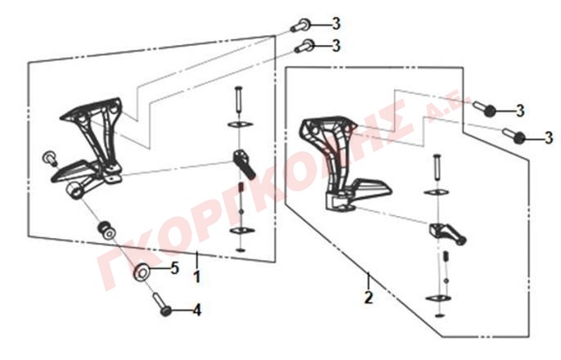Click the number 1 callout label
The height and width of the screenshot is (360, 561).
pyautogui.click(x=196, y=277)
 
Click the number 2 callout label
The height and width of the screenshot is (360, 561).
pyautogui.click(x=369, y=297)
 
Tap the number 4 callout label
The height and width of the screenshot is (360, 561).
pyautogui.click(x=197, y=310)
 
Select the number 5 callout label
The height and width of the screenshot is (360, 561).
pyautogui.click(x=175, y=268)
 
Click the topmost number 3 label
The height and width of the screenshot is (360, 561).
pyautogui.click(x=336, y=24)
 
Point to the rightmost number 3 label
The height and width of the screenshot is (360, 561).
pyautogui.click(x=549, y=137)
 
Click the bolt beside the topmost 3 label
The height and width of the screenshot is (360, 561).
pyautogui.click(x=300, y=25)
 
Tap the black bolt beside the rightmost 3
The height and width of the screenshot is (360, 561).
pyautogui.click(x=515, y=136)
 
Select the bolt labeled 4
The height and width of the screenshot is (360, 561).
pyautogui.click(x=162, y=304)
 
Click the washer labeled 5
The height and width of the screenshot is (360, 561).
pyautogui.click(x=142, y=272)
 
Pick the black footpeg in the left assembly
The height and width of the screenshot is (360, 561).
pyautogui.click(x=244, y=164)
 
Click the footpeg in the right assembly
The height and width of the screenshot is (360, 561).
pyautogui.click(x=447, y=233)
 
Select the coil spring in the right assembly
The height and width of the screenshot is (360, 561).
pyautogui.click(x=446, y=257)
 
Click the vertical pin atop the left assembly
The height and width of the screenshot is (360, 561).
pyautogui.click(x=239, y=99)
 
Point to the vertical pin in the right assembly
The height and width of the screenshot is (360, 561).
pyautogui.click(x=436, y=167)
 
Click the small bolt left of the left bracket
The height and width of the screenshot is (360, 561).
pyautogui.click(x=50, y=158)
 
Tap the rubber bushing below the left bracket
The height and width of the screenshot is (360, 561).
pyautogui.click(x=106, y=230)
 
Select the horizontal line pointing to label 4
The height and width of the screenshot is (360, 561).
pyautogui.click(x=181, y=311)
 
